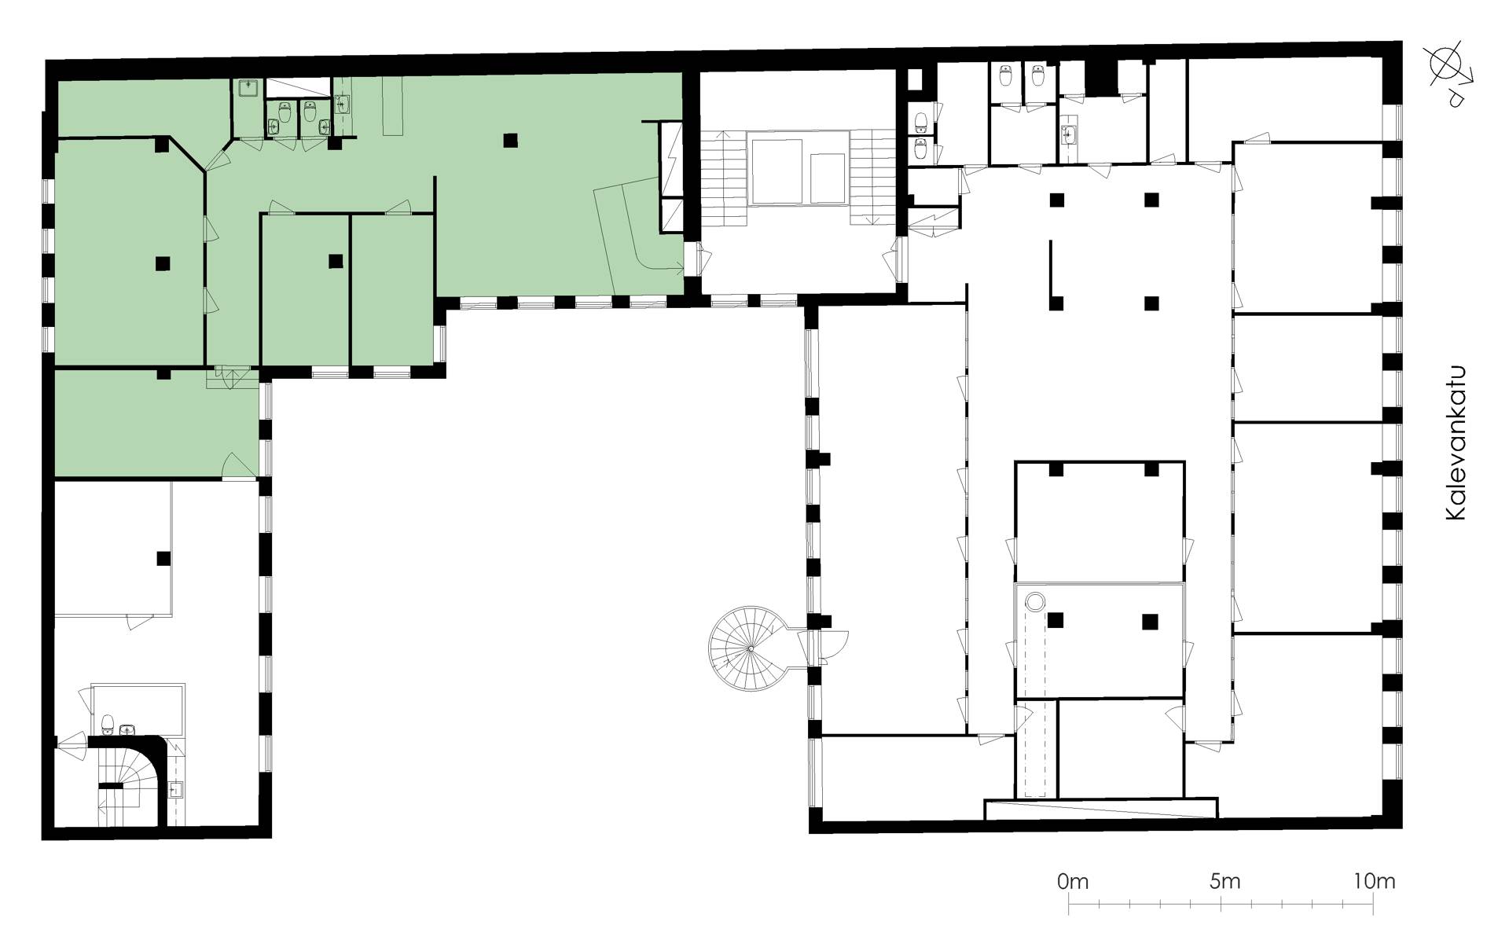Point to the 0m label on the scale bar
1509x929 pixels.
1073,881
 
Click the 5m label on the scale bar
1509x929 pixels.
1225,881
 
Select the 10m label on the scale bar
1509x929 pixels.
1375,881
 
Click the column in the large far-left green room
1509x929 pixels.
163,263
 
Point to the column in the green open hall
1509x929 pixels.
511,141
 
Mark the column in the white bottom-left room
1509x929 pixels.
163,559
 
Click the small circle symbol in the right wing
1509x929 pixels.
1035,602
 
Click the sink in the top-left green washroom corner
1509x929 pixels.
249,87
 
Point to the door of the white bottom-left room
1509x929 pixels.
137,621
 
